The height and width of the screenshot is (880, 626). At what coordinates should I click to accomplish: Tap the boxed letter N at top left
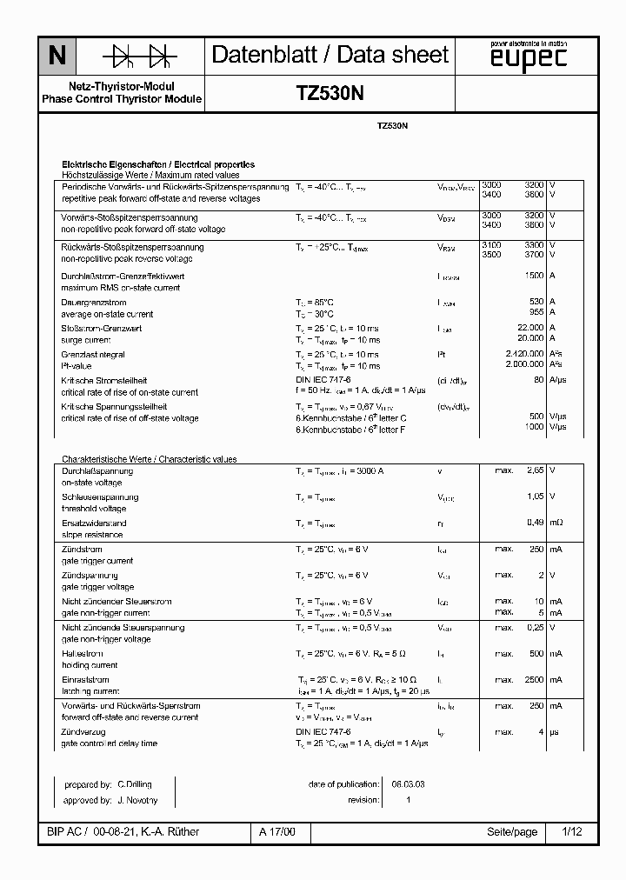[57, 57]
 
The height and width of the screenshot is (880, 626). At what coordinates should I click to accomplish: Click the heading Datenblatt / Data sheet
[330, 55]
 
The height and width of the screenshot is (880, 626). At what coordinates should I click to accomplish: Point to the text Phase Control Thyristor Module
[122, 99]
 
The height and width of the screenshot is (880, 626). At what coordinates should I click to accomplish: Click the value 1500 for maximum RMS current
[534, 276]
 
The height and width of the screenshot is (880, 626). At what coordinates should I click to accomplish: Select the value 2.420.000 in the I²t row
[524, 355]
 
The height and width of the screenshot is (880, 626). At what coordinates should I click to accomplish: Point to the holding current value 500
[536, 653]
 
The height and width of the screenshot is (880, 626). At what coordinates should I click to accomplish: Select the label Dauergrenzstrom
[92, 302]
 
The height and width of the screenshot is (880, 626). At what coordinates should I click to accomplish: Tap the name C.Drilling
[135, 783]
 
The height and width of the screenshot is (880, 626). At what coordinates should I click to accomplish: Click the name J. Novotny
[137, 800]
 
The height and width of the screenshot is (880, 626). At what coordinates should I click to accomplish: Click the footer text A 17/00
[277, 832]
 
